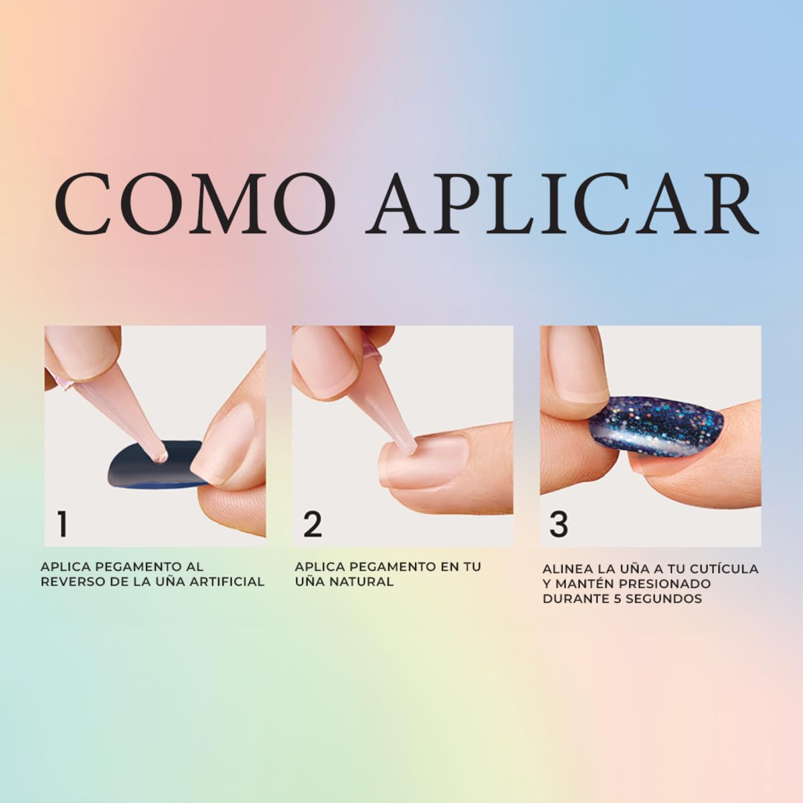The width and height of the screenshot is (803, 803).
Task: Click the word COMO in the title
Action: click(x=195, y=204)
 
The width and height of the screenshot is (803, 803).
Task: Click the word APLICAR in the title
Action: click(x=562, y=204)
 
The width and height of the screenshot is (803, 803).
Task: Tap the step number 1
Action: click(x=62, y=524)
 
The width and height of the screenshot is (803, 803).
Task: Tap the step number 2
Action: click(x=313, y=524)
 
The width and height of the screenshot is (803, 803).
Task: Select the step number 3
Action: click(x=559, y=524)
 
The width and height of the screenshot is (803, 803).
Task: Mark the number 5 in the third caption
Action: click(x=618, y=599)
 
